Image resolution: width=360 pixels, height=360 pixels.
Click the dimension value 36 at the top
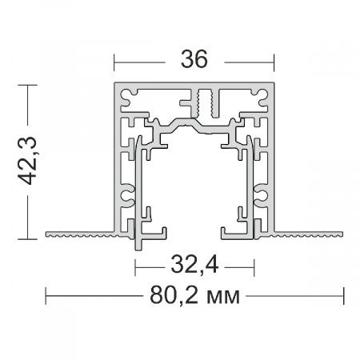pyautogui.click(x=194, y=59)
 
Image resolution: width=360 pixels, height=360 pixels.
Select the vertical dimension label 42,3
pyautogui.click(x=27, y=161)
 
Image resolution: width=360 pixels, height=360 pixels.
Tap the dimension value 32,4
pyautogui.click(x=194, y=265)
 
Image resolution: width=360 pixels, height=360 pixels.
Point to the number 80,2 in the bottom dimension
pyautogui.click(x=174, y=295)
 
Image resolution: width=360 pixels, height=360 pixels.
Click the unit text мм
pyautogui.click(x=223, y=298)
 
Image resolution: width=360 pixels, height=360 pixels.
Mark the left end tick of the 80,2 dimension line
pyautogui.click(x=46, y=296)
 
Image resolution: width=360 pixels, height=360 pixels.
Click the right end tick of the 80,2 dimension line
pyautogui.click(x=343, y=296)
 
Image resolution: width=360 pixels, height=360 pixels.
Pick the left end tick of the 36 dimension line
pyautogui.click(x=114, y=62)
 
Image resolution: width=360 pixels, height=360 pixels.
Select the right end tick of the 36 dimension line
pyautogui.click(x=274, y=62)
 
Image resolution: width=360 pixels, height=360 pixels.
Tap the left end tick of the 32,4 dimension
pyautogui.click(x=135, y=267)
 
